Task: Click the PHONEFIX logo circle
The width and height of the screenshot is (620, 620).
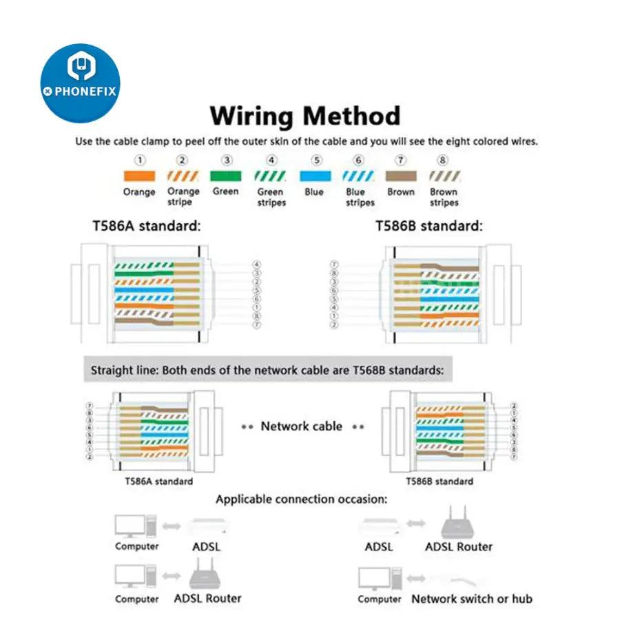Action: pyautogui.click(x=81, y=83)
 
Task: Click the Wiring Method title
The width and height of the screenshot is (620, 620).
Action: pyautogui.click(x=304, y=116)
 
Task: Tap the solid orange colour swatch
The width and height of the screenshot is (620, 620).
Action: pyautogui.click(x=138, y=176)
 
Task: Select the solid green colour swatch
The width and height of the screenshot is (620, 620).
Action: pyautogui.click(x=225, y=176)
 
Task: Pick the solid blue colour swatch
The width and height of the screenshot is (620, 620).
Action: pyautogui.click(x=313, y=176)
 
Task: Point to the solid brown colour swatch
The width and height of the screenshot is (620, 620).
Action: pyautogui.click(x=400, y=176)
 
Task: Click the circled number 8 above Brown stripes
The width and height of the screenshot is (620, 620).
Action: pyautogui.click(x=443, y=161)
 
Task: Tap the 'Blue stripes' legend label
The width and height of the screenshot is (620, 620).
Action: pyautogui.click(x=360, y=197)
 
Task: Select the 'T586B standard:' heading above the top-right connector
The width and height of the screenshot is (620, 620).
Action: pyautogui.click(x=428, y=225)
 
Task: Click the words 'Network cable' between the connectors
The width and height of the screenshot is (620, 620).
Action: pyautogui.click(x=301, y=426)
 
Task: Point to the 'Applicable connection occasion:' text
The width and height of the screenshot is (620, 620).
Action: pyautogui.click(x=301, y=499)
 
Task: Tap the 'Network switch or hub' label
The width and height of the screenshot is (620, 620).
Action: pyautogui.click(x=471, y=599)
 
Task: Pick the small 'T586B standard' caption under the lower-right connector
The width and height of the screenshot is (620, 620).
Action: pyautogui.click(x=439, y=481)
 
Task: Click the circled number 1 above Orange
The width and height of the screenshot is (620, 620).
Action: pyautogui.click(x=139, y=161)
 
